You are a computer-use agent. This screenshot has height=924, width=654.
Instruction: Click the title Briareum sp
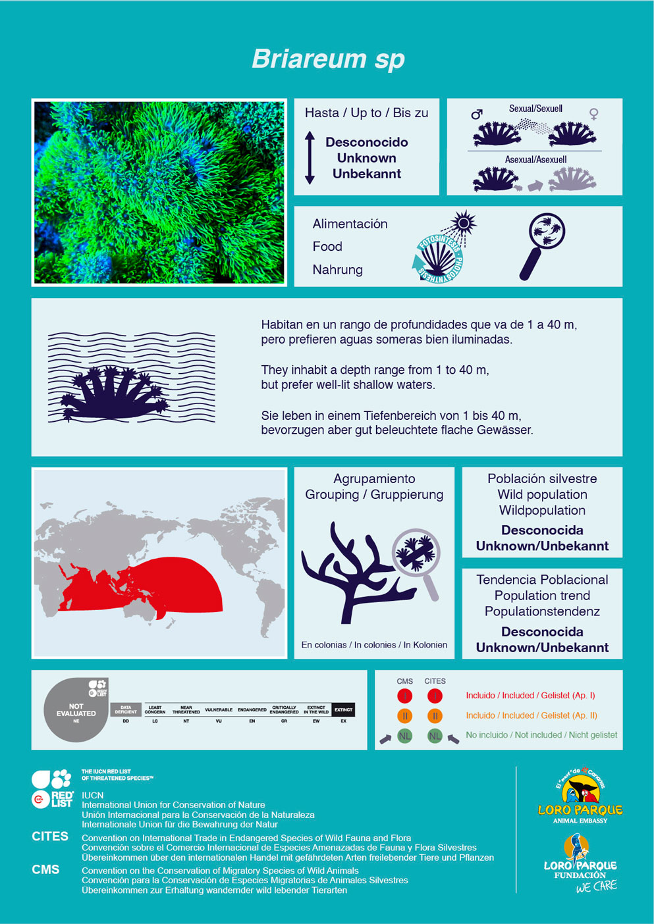(327, 59)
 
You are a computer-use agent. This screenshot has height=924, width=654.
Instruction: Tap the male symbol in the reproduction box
(477, 114)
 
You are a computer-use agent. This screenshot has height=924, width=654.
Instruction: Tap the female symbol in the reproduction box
(593, 114)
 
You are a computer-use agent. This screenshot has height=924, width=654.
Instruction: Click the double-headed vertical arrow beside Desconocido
(310, 157)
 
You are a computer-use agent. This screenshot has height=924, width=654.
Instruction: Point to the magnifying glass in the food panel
(544, 243)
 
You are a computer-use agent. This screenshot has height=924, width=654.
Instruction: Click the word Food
(327, 247)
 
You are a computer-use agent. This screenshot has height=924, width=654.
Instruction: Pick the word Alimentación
(350, 224)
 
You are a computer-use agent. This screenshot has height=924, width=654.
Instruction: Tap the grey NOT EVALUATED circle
(76, 711)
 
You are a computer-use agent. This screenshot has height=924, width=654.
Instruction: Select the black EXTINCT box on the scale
(343, 709)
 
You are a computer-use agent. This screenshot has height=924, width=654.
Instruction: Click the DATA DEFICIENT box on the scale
(126, 709)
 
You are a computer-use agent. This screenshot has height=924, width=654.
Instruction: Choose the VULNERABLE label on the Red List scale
(219, 710)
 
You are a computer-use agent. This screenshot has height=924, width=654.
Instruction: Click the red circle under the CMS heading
(404, 696)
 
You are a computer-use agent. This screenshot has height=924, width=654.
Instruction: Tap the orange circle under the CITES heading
(435, 715)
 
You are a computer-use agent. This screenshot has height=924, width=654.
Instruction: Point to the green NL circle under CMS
(404, 736)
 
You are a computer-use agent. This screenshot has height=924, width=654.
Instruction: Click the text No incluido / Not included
(541, 735)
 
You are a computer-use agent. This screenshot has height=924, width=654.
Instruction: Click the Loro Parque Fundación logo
(580, 862)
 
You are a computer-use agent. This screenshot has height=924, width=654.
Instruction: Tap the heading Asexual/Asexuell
(535, 159)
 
